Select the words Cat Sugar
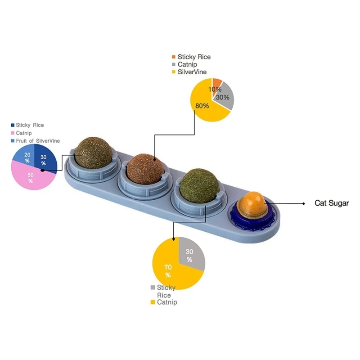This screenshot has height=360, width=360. pyautogui.click(x=332, y=203)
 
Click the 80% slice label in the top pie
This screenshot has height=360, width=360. pyautogui.click(x=202, y=106)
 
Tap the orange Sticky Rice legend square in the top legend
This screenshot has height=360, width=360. pyautogui.click(x=173, y=57)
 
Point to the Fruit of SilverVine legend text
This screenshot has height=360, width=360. pyautogui.click(x=38, y=141)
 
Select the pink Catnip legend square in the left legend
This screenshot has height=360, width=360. pyautogui.click(x=12, y=133)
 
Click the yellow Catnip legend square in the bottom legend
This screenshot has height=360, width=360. pyautogui.click(x=153, y=302)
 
